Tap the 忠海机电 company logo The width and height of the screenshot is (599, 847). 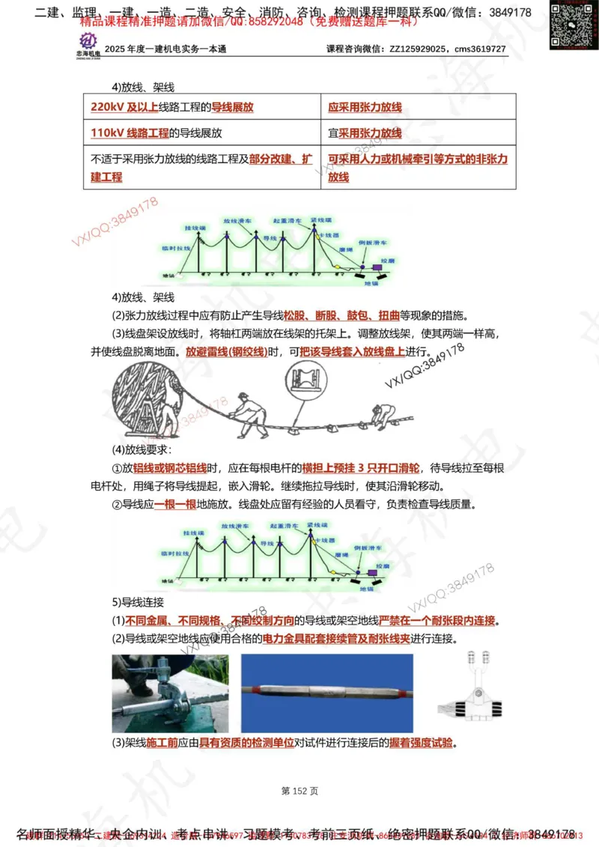[x=90, y=44]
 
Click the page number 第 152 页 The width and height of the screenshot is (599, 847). [x=299, y=790]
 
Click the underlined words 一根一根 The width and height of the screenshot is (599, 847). [x=175, y=504]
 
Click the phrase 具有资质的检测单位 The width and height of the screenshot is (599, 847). [x=240, y=744]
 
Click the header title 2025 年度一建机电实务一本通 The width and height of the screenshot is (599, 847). [x=165, y=49]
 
